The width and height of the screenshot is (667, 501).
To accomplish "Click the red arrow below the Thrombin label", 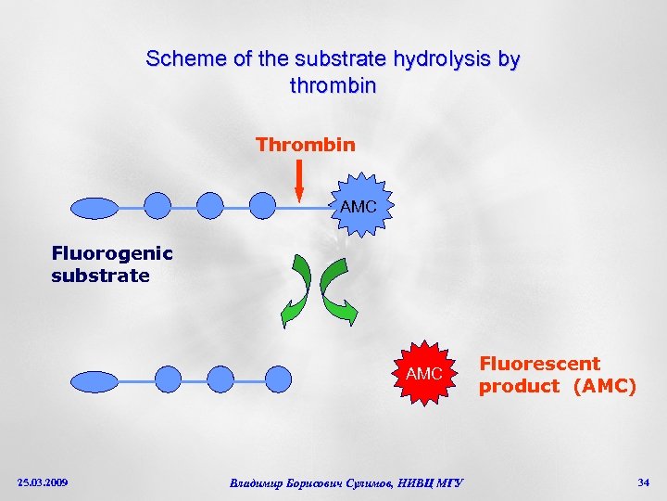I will click(x=299, y=180).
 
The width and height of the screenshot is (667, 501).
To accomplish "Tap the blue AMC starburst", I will click(x=359, y=206).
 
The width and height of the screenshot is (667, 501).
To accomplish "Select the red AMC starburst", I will click(x=425, y=373).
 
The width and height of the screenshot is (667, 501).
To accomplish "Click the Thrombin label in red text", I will click(x=305, y=145).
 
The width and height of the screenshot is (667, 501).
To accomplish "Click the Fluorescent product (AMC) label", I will click(x=557, y=375).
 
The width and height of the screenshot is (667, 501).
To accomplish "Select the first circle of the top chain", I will click(x=158, y=206).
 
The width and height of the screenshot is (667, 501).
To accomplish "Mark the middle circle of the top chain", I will click(x=210, y=206).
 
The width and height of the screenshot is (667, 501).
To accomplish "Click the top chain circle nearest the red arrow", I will click(x=263, y=206).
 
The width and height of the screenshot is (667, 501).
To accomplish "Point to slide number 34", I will click(x=643, y=482).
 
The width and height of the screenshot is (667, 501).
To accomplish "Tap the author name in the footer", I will click(x=346, y=482).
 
